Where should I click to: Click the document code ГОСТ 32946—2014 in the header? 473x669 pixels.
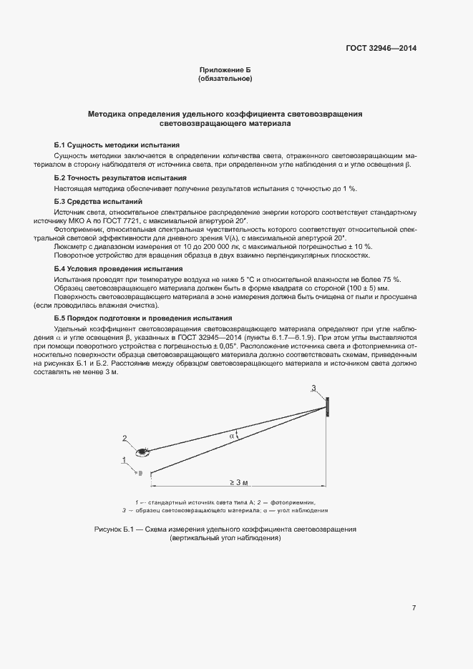pos(381,48)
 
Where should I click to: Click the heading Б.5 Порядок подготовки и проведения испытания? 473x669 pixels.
pos(143,318)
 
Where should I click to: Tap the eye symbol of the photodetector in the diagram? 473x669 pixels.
pos(143,451)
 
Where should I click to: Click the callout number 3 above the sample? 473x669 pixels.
pos(313,388)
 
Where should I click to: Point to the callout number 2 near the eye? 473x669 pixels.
pos(125,439)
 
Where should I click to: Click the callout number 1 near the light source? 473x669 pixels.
pos(125,459)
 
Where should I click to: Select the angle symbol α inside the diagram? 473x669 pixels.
pos(232,434)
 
